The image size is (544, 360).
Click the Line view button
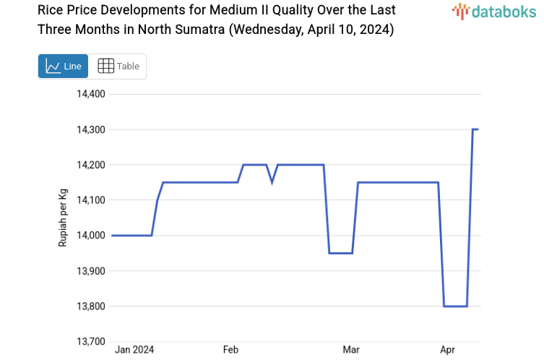click(x=63, y=67)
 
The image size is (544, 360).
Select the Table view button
click(x=118, y=67)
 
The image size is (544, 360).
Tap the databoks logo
click(x=494, y=11)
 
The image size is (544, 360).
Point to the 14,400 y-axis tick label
click(x=92, y=94)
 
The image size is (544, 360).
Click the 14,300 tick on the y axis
click(x=92, y=129)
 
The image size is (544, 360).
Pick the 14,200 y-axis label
click(x=92, y=165)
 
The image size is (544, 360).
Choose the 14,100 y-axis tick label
click(x=92, y=200)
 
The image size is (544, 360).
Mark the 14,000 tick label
click(x=92, y=236)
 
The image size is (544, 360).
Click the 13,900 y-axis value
click(x=92, y=271)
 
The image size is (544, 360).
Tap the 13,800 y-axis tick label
click(x=92, y=307)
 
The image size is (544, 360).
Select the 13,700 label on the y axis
click(x=92, y=342)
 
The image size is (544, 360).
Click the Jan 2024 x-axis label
click(x=135, y=350)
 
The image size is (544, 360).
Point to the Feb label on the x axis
click(x=230, y=350)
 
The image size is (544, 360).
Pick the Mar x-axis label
click(x=351, y=350)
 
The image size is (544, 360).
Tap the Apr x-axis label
click(x=448, y=350)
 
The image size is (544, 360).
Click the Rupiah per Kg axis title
click(x=63, y=218)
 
